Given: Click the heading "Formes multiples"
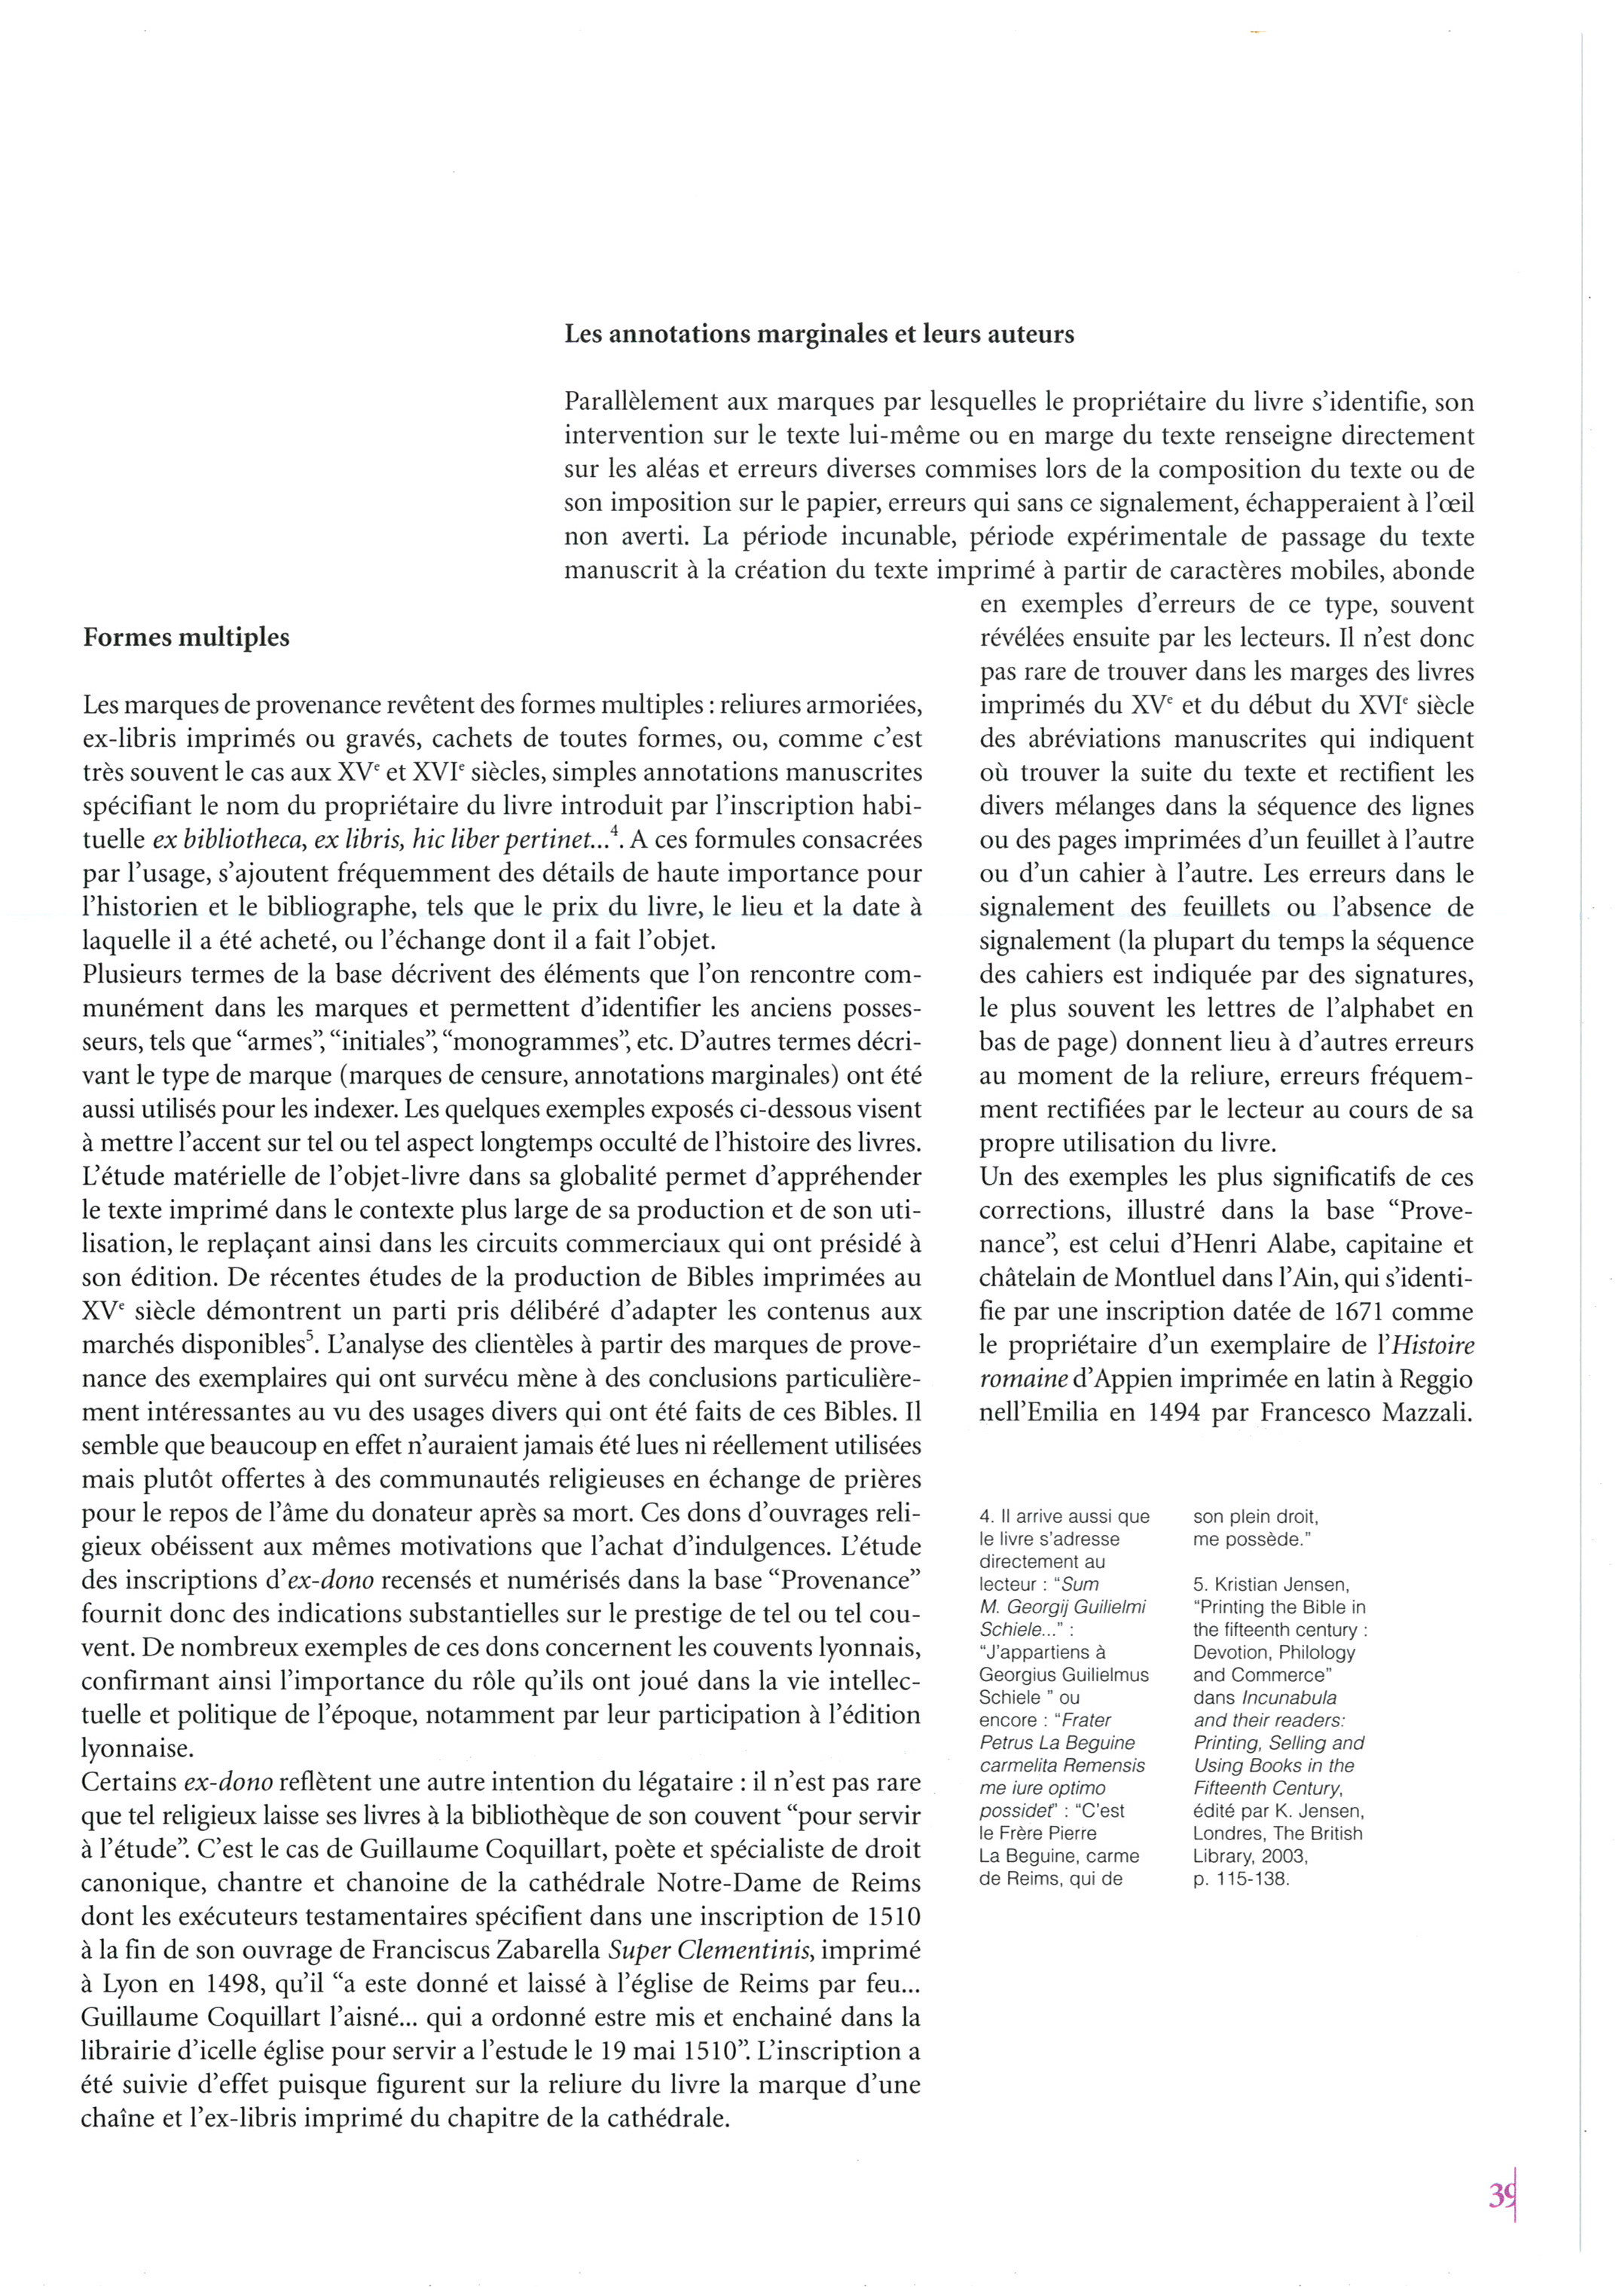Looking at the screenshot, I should click(x=186, y=638).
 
